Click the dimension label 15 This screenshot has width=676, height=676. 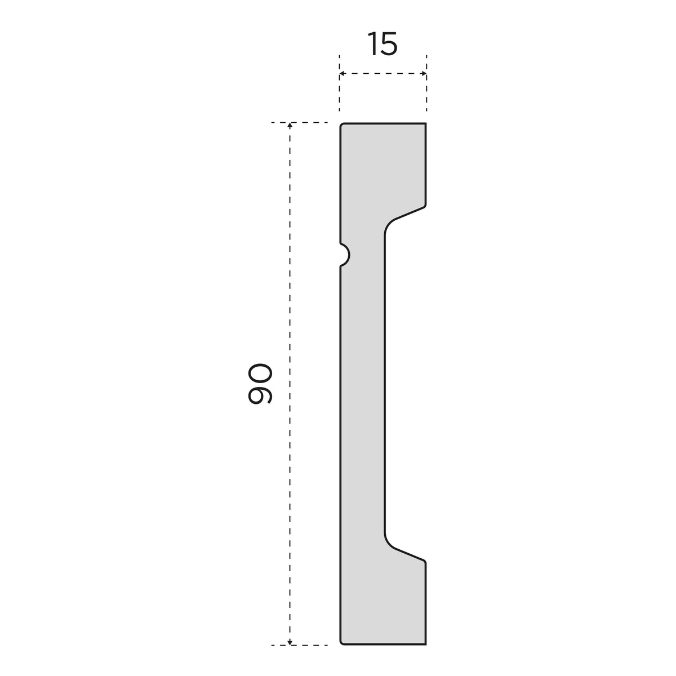383,44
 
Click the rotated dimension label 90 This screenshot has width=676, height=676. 260,384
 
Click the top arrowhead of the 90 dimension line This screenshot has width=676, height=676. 290,126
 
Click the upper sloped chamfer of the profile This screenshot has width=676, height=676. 409,213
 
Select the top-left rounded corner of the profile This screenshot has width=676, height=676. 341,124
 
